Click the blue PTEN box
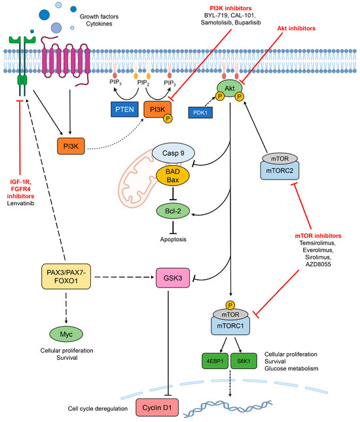(x=124, y=109)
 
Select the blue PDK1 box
(x=200, y=113)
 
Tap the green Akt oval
(x=230, y=88)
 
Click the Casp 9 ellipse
(x=173, y=153)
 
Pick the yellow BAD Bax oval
(x=173, y=176)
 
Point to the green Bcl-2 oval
(x=173, y=211)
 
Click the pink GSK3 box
(x=173, y=278)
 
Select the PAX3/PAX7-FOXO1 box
(x=66, y=277)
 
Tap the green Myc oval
(x=66, y=334)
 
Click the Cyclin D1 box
(x=157, y=408)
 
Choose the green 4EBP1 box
(x=215, y=361)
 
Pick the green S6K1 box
(x=243, y=361)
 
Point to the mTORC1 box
(x=230, y=326)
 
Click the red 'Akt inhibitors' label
(x=297, y=28)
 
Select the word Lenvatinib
(x=20, y=203)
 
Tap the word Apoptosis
(x=173, y=239)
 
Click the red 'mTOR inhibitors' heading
(x=318, y=236)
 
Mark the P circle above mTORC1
(x=230, y=305)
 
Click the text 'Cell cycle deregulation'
(x=98, y=408)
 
